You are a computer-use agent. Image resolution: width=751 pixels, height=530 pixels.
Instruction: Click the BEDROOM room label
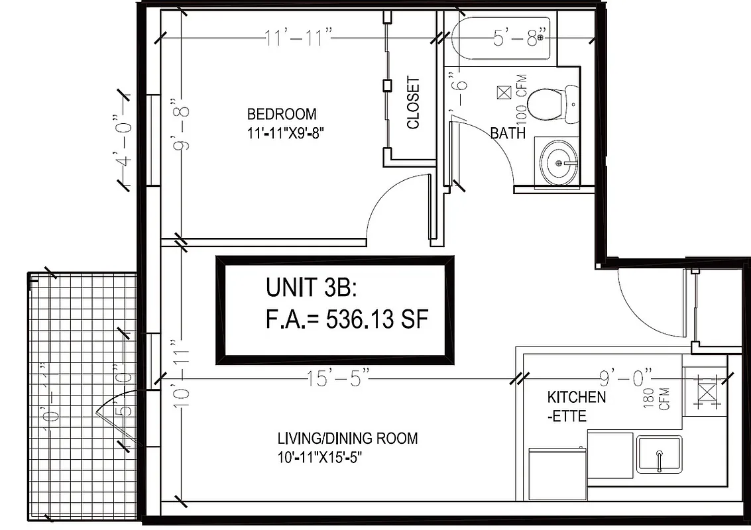(282, 113)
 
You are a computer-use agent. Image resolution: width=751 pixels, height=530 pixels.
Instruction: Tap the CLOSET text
(413, 103)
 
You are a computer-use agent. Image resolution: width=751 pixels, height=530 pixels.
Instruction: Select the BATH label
(508, 133)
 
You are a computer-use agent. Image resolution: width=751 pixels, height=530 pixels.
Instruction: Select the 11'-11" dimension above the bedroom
(298, 38)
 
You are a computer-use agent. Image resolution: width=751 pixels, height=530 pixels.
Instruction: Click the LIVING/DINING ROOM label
(347, 438)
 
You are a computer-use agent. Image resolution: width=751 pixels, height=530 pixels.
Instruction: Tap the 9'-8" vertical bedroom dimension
(178, 125)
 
